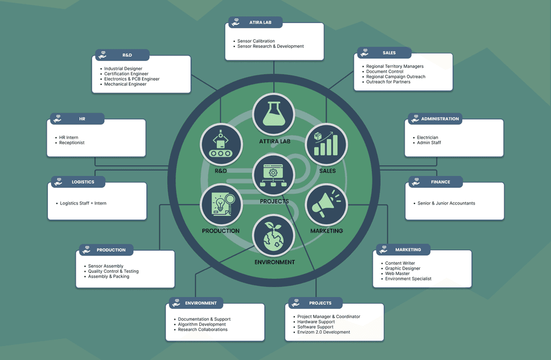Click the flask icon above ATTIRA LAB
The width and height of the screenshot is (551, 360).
273,115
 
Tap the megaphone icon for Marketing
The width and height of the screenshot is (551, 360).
327,204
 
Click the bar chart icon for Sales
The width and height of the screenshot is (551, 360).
326,144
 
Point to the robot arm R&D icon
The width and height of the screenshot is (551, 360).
221,145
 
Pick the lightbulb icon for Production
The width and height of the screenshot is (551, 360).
221,205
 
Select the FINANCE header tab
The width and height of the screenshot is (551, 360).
435,182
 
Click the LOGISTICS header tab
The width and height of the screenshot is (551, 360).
78,182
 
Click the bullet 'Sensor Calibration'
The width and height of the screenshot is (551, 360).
256,41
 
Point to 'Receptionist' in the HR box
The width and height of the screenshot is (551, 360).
72,143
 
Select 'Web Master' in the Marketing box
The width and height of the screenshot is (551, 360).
397,273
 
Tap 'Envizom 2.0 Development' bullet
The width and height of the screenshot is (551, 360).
323,332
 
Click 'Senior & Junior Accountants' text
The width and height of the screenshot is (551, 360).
446,203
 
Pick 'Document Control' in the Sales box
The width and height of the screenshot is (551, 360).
385,72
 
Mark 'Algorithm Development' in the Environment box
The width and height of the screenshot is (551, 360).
202,324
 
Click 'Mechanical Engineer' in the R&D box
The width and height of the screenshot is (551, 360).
125,84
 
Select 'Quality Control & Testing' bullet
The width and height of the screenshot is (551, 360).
113,271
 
